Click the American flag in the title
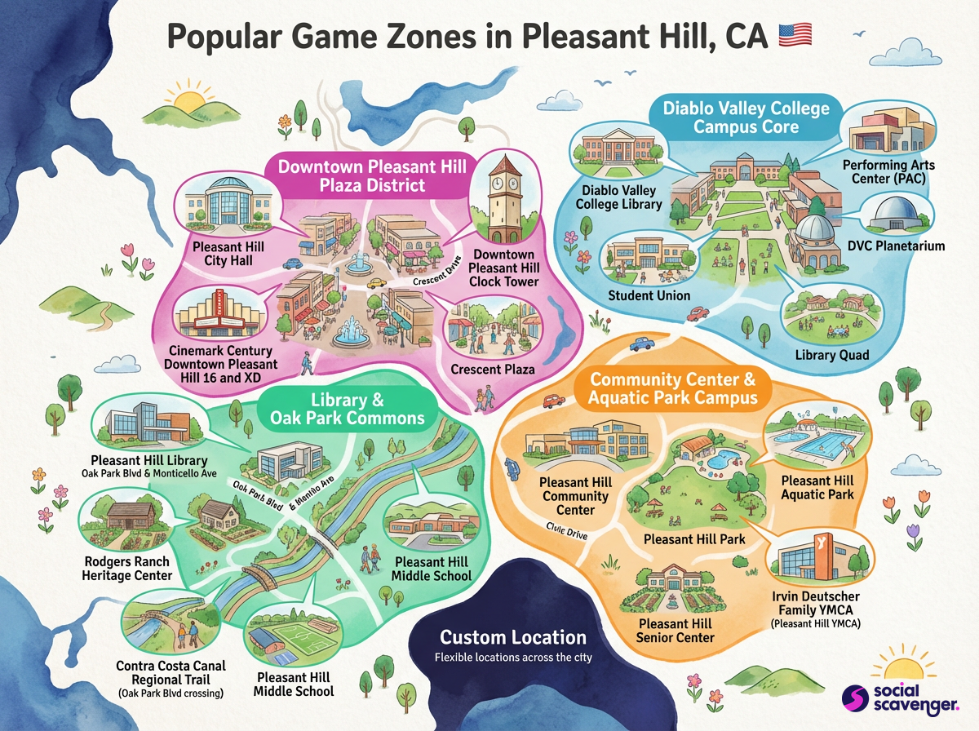(x=796, y=35)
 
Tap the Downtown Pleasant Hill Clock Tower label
(x=504, y=268)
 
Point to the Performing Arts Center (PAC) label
(x=888, y=172)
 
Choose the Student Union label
(x=649, y=295)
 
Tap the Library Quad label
(x=832, y=355)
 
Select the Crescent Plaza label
(x=493, y=369)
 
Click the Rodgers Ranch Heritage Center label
(x=127, y=568)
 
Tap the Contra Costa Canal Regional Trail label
(x=171, y=673)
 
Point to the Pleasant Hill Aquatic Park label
(x=817, y=488)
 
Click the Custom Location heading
(x=512, y=637)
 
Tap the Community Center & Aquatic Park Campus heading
(x=673, y=389)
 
